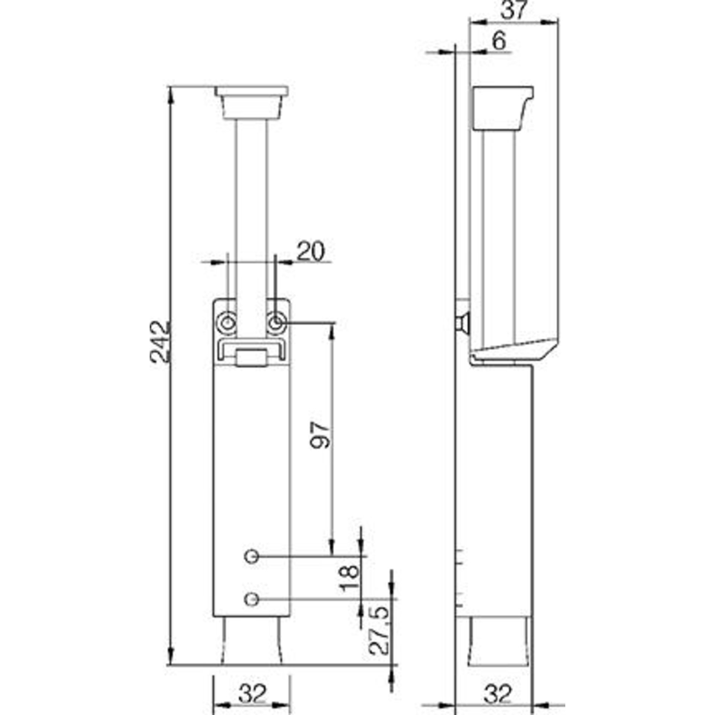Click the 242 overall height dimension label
tap(161, 341)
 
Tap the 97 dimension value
tap(320, 435)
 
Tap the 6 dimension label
tap(499, 41)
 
